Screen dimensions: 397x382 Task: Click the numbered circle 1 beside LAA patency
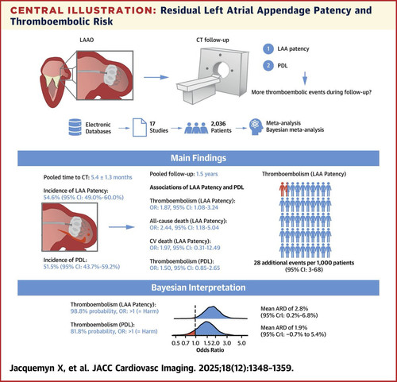click(x=268, y=48)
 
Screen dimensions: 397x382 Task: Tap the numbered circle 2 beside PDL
click(x=268, y=65)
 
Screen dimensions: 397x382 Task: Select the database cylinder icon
click(x=75, y=127)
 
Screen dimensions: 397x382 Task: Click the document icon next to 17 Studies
click(x=140, y=127)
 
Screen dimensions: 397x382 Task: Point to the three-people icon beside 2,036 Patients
click(x=196, y=128)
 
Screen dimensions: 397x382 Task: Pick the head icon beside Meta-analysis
click(x=256, y=127)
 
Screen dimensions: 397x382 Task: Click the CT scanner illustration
click(x=213, y=75)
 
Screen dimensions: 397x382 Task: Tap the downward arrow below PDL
click(x=305, y=78)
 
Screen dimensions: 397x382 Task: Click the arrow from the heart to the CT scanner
click(x=156, y=77)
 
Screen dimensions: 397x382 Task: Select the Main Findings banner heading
click(x=198, y=158)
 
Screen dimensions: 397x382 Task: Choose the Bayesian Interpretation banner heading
click(x=198, y=287)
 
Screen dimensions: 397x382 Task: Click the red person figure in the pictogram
click(x=283, y=189)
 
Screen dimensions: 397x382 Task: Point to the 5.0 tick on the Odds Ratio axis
click(x=241, y=343)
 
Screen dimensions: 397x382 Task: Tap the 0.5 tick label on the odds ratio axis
click(x=175, y=343)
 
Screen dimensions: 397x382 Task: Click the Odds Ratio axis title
click(x=210, y=350)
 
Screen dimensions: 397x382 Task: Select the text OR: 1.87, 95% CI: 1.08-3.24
click(x=184, y=207)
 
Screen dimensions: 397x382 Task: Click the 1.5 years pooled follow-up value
click(x=207, y=174)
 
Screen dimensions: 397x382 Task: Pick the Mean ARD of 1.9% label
click(x=284, y=327)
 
